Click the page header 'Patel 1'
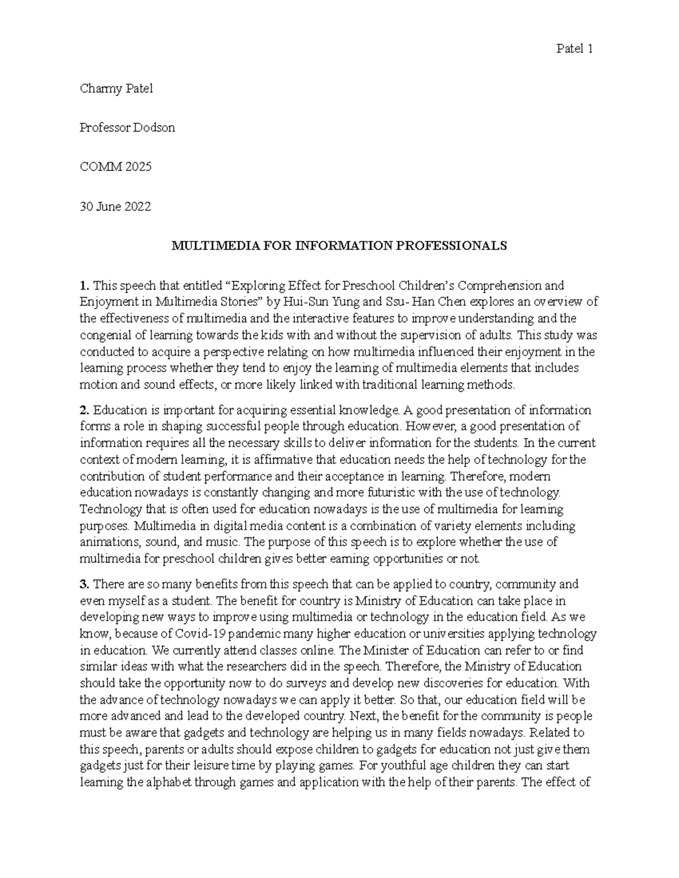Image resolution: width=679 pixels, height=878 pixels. pos(574,49)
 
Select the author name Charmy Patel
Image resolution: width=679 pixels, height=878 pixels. pos(117,88)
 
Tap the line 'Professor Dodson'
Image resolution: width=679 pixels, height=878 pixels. pos(127,128)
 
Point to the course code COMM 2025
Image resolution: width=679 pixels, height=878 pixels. pos(116,167)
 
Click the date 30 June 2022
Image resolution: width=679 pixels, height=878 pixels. pos(115,207)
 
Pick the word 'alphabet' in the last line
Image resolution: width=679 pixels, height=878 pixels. pos(167,783)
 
